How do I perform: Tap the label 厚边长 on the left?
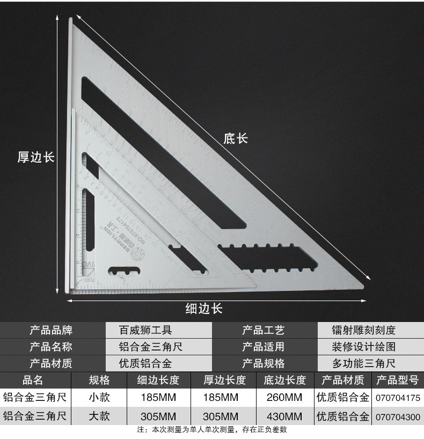(36, 157)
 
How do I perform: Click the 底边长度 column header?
(284, 381)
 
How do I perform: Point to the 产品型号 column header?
(397, 381)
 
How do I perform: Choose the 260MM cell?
(284, 398)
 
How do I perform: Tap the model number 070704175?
(397, 399)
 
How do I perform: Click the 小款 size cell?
(99, 398)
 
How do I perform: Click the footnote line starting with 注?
(212, 430)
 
